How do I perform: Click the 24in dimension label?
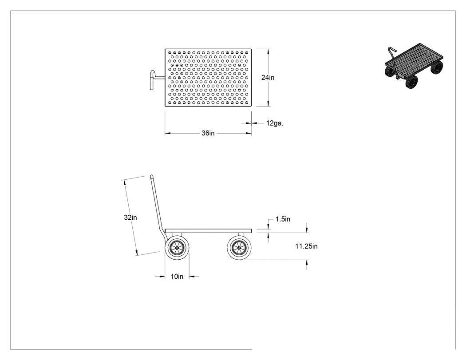point(268,78)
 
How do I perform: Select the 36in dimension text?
point(208,133)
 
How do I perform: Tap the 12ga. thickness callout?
point(275,123)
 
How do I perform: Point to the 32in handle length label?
point(130,218)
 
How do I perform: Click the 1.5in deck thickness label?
point(283,219)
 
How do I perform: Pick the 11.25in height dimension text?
point(306,246)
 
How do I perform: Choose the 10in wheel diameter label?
point(177,277)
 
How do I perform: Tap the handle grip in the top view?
point(152,80)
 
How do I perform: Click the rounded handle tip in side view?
point(152,176)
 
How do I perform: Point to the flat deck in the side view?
point(208,231)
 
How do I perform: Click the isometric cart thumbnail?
point(414,66)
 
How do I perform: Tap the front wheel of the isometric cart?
point(411,82)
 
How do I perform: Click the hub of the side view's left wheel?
point(177,248)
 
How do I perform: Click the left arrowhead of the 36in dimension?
point(168,134)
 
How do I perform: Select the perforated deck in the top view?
point(208,78)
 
